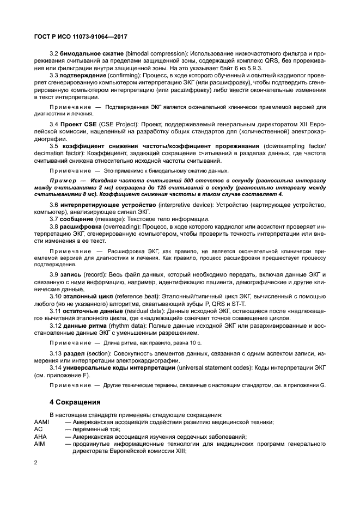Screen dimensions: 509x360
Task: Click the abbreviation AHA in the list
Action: pos(40,437)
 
